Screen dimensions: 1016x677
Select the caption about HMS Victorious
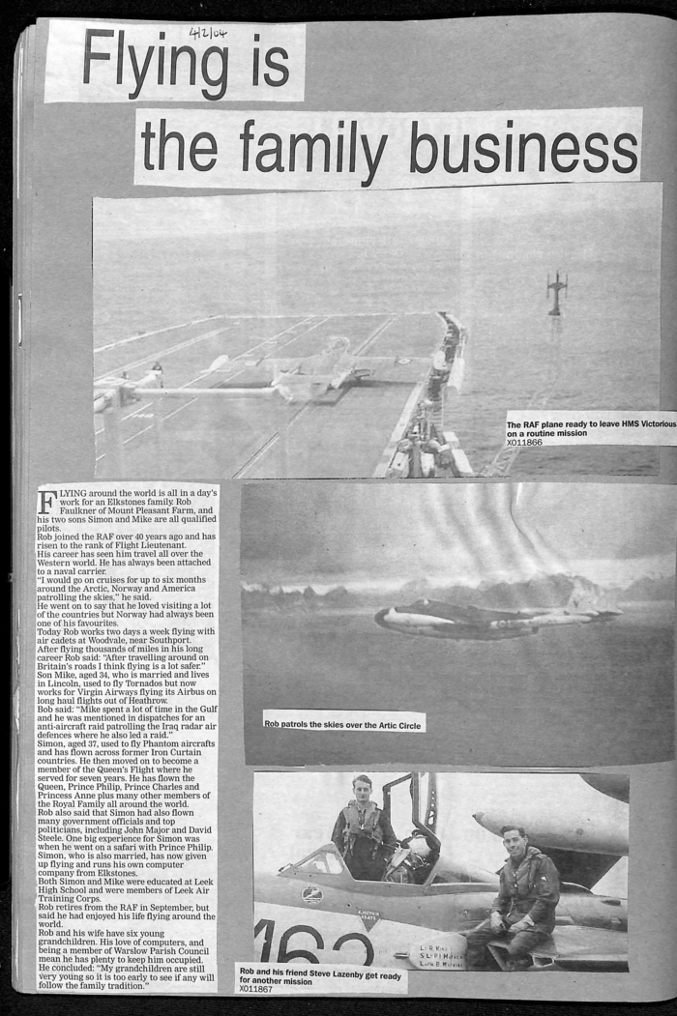(x=590, y=429)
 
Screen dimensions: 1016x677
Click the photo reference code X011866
(x=524, y=443)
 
